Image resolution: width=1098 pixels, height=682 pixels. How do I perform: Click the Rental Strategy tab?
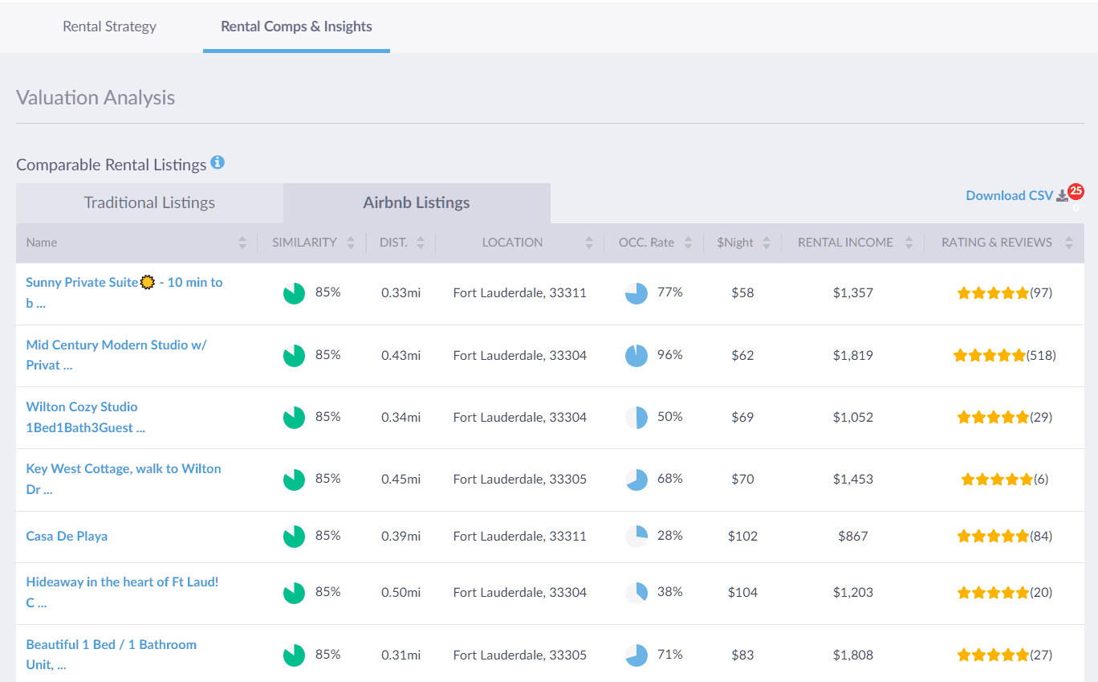click(x=109, y=27)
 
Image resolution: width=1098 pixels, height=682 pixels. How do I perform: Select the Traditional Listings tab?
click(x=149, y=203)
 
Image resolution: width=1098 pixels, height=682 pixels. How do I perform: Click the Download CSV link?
click(x=1009, y=196)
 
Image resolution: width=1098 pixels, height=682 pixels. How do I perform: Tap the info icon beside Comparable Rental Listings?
click(x=218, y=163)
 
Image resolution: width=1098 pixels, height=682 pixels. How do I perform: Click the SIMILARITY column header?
click(x=304, y=243)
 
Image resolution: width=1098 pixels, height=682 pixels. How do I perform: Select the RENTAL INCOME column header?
click(x=845, y=243)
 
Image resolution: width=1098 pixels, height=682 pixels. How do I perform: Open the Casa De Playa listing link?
click(x=67, y=537)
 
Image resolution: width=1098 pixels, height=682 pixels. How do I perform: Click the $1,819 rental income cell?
click(x=852, y=355)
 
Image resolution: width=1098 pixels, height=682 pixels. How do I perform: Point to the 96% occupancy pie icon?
click(x=636, y=355)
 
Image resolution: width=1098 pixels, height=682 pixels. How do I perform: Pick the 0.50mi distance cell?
click(x=401, y=593)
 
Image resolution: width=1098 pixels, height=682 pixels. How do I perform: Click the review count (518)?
click(x=1041, y=355)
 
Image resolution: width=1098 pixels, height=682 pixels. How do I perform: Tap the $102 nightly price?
click(x=742, y=537)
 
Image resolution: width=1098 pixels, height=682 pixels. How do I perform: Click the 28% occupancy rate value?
click(x=669, y=536)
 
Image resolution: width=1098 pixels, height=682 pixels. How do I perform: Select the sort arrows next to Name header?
click(x=242, y=243)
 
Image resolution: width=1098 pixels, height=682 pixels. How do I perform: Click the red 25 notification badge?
click(x=1076, y=191)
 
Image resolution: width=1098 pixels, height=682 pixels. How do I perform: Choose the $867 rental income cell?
click(x=852, y=537)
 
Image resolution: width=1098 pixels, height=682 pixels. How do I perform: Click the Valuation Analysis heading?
click(x=96, y=98)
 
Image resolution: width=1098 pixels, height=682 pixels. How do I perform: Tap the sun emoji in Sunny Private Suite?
click(x=147, y=283)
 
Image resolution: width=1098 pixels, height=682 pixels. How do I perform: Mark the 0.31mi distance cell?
click(x=401, y=655)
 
